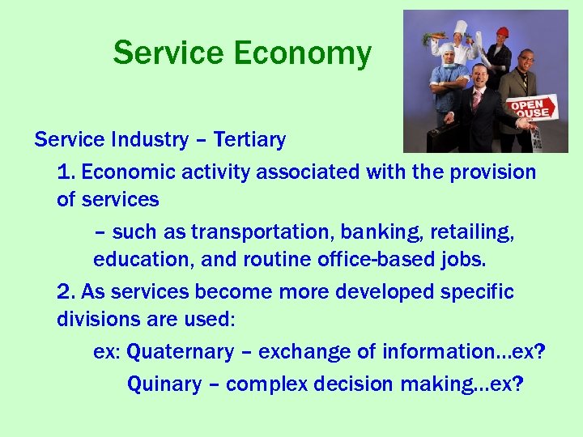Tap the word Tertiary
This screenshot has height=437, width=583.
(x=250, y=139)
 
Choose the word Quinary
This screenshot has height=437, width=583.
(x=164, y=384)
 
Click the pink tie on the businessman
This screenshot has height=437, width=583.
(x=477, y=99)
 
